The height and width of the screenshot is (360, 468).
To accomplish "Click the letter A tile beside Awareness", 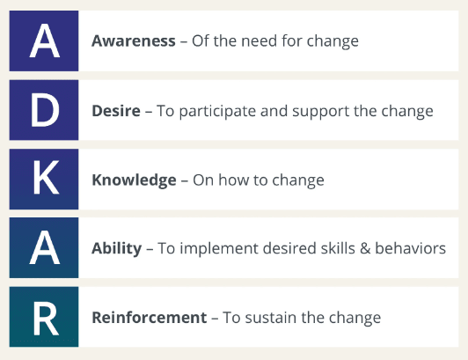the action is [44, 41].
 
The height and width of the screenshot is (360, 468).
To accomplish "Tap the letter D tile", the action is [44, 110].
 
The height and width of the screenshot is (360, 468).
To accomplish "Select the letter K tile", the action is [44, 179].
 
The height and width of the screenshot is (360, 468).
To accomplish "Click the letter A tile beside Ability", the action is [44, 247].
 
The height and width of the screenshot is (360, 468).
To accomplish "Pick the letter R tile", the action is [44, 317].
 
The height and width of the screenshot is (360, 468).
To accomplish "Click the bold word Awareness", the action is [134, 41].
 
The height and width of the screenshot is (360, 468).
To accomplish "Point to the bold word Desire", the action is [116, 111].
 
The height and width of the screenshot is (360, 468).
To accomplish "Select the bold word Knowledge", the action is [134, 180].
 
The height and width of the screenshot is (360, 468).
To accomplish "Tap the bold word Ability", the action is [117, 248].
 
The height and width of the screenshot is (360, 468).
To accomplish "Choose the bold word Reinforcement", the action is [150, 317].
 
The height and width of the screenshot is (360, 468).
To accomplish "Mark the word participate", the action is [217, 112].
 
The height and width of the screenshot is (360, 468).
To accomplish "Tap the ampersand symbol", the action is [365, 248].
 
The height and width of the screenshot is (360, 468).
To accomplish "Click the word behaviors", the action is [411, 248].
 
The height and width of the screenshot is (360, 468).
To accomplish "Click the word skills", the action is [338, 248].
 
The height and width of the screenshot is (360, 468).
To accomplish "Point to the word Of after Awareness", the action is [200, 41].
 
